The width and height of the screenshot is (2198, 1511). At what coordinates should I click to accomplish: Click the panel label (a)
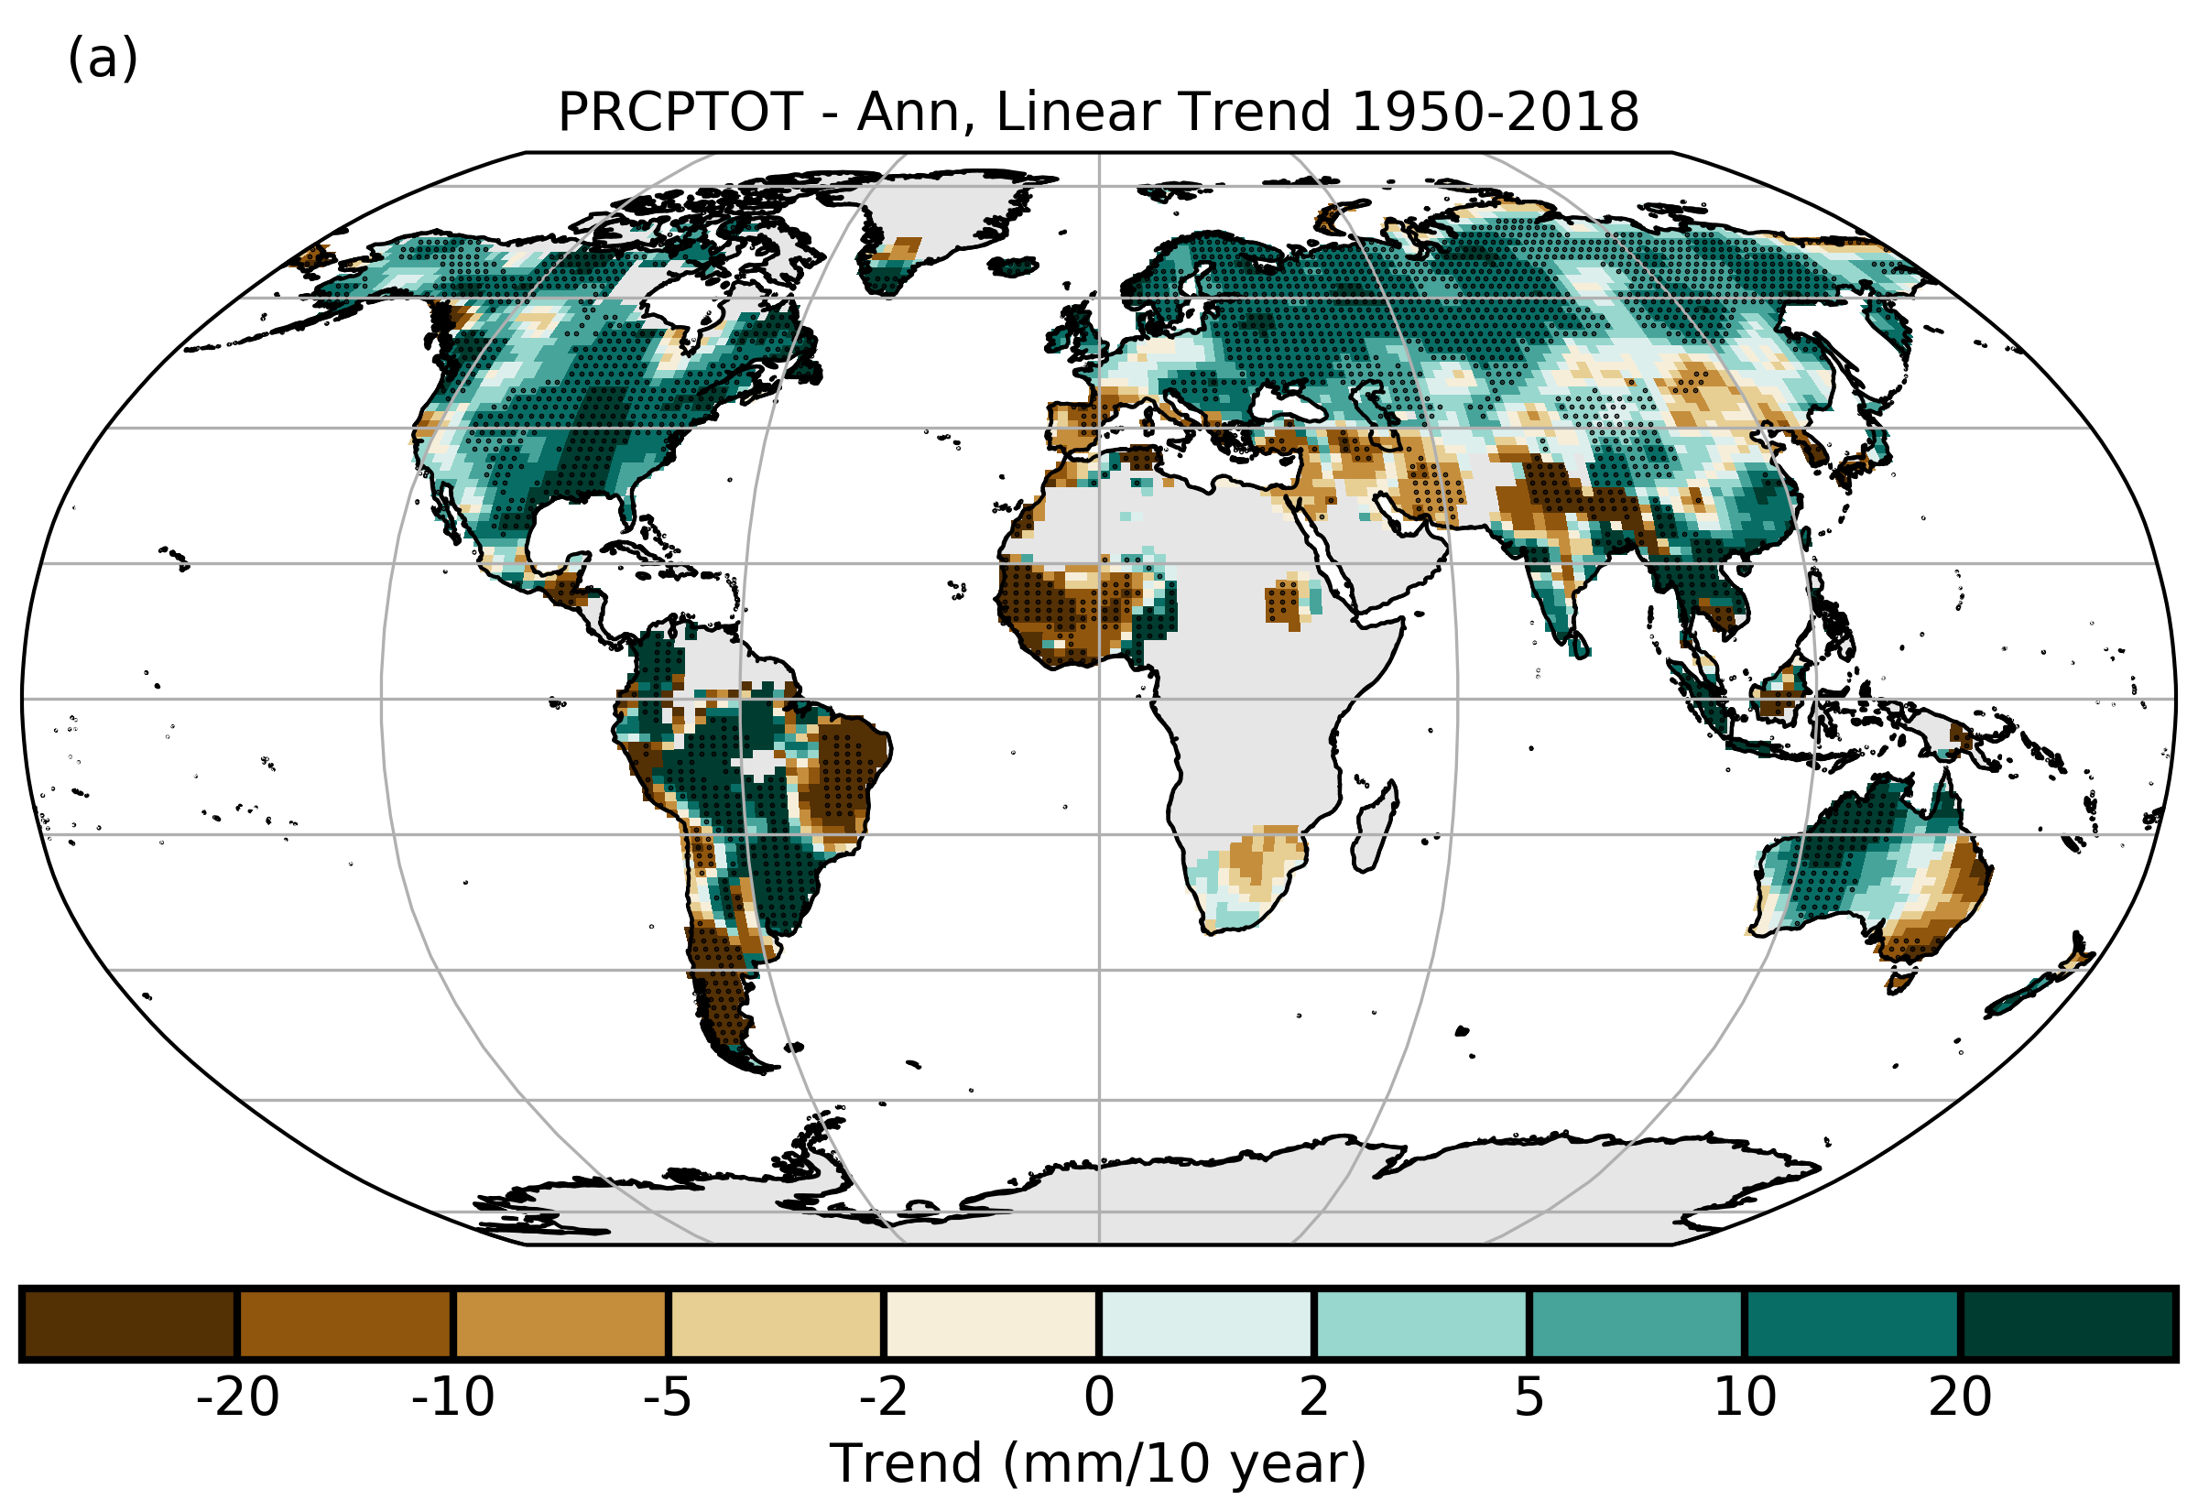(103, 60)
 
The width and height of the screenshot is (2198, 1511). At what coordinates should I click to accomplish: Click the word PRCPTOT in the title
(680, 112)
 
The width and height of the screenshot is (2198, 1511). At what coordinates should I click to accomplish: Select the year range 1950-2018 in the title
(1495, 112)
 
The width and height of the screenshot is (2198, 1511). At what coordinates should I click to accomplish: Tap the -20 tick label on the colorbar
(236, 1397)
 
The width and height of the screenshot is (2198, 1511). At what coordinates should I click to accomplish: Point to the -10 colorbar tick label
(452, 1397)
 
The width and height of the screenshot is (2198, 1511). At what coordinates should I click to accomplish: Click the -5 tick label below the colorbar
(668, 1397)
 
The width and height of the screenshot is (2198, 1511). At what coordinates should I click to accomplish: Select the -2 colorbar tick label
(883, 1397)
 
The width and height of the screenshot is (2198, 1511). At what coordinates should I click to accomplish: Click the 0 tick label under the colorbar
(1099, 1397)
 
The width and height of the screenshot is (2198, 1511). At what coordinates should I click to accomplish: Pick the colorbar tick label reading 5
(1529, 1397)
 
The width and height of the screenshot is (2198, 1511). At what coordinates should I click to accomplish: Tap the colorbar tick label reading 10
(1746, 1397)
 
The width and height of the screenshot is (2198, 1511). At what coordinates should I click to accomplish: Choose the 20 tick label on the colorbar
(1961, 1397)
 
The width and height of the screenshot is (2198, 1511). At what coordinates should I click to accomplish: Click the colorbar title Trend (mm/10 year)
(1098, 1463)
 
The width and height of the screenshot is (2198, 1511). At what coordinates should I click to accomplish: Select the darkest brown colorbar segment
(130, 1323)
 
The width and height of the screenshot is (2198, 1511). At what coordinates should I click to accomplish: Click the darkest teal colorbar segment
(2067, 1323)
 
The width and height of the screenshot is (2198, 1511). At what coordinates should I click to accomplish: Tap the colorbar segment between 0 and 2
(1206, 1323)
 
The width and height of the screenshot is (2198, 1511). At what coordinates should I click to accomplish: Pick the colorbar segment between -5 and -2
(776, 1323)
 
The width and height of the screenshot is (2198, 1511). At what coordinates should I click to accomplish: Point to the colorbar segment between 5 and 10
(1637, 1323)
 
